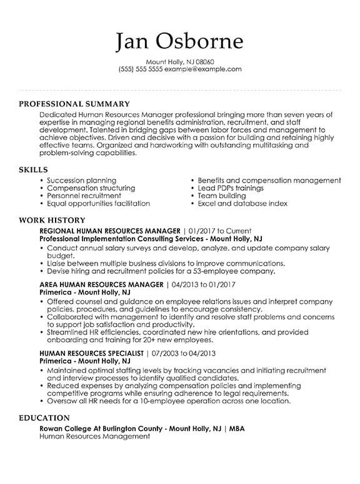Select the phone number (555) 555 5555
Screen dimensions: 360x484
click(x=141, y=70)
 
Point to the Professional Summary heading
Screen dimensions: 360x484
click(x=74, y=104)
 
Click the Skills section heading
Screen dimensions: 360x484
click(x=34, y=169)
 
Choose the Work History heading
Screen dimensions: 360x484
click(x=52, y=220)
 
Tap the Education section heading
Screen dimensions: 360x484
click(x=44, y=417)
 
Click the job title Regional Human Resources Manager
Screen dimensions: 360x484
click(x=109, y=231)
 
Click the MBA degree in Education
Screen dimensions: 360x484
click(x=238, y=428)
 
